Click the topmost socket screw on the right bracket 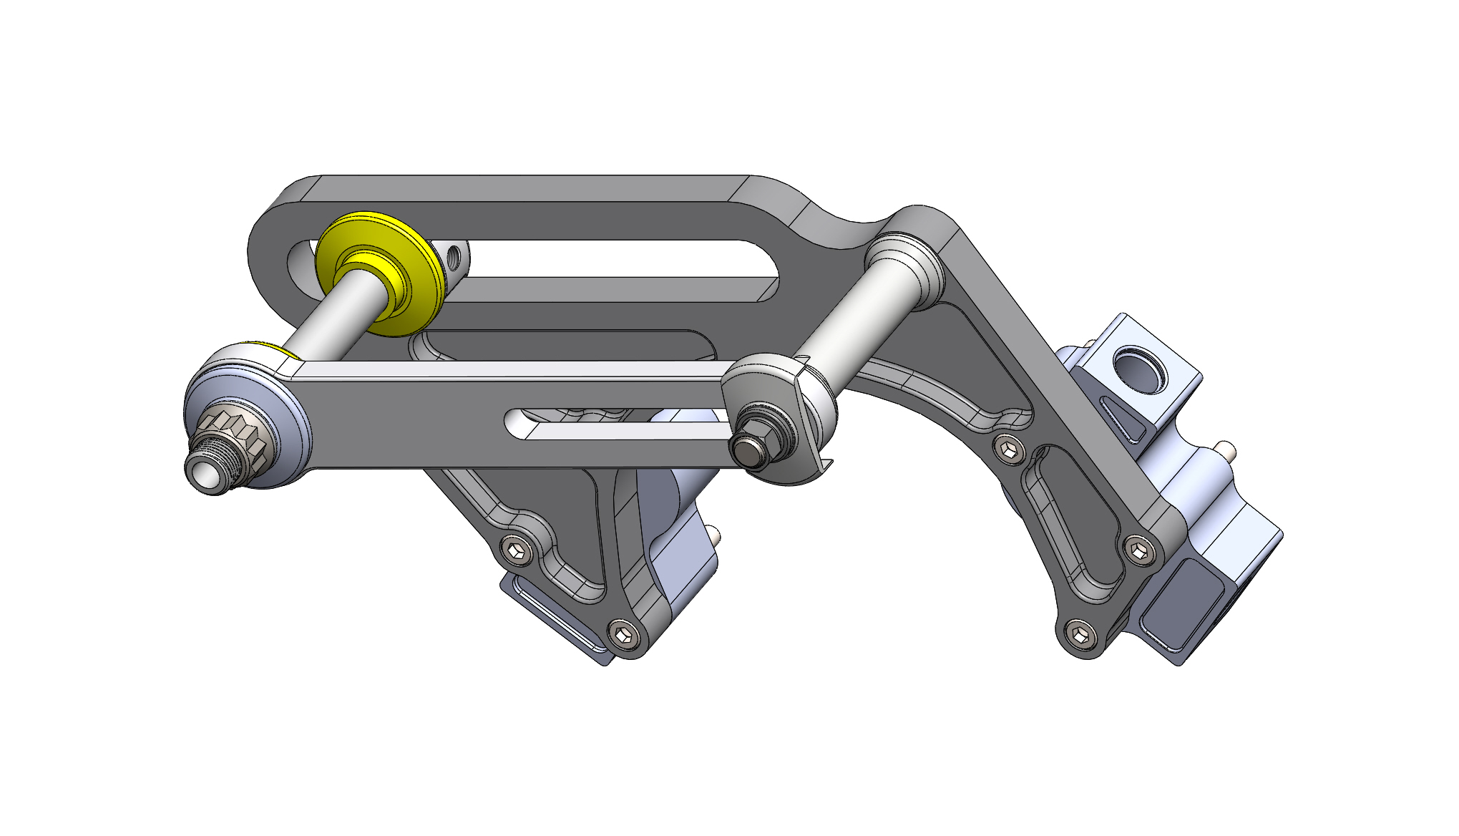pos(1010,449)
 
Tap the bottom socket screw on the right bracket pos(1080,634)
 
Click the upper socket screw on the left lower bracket pos(517,549)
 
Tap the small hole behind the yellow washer pos(453,256)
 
